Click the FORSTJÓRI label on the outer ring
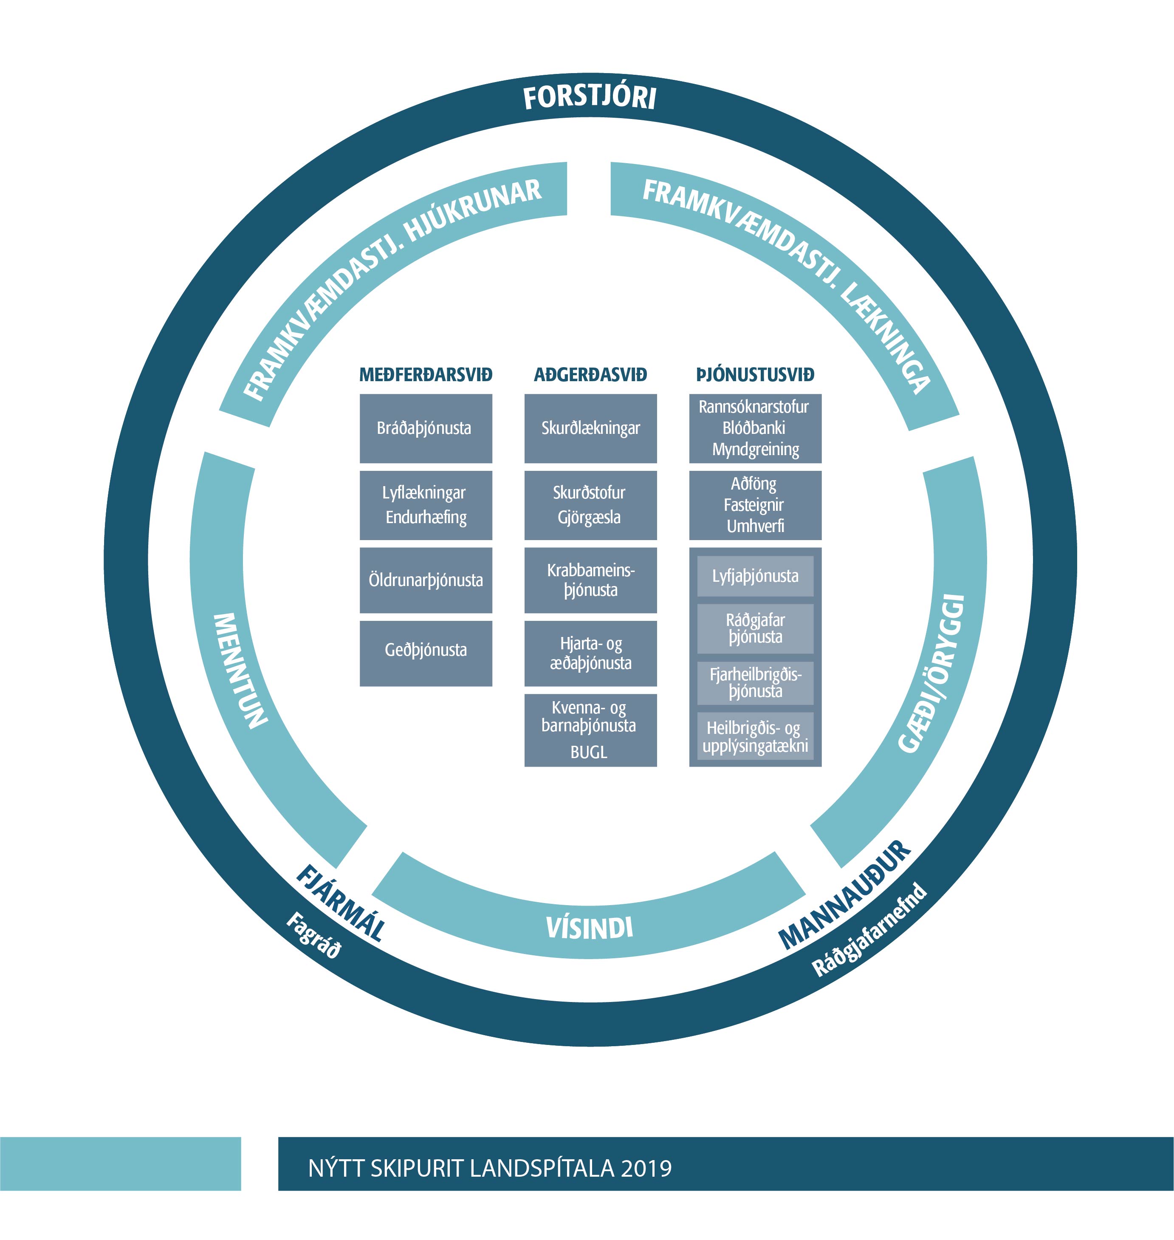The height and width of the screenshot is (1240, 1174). [590, 98]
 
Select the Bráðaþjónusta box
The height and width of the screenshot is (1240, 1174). [426, 428]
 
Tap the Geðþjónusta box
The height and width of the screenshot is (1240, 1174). [426, 650]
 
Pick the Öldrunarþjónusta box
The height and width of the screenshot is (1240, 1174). [426, 580]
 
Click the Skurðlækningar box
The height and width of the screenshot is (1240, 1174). [590, 428]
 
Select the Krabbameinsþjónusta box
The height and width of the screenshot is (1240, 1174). [590, 580]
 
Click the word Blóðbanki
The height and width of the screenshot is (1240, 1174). [754, 428]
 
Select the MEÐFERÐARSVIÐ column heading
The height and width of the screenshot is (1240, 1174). [426, 375]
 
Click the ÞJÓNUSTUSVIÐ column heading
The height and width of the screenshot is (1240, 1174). [755, 375]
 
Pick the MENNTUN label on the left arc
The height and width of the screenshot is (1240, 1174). [240, 670]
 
